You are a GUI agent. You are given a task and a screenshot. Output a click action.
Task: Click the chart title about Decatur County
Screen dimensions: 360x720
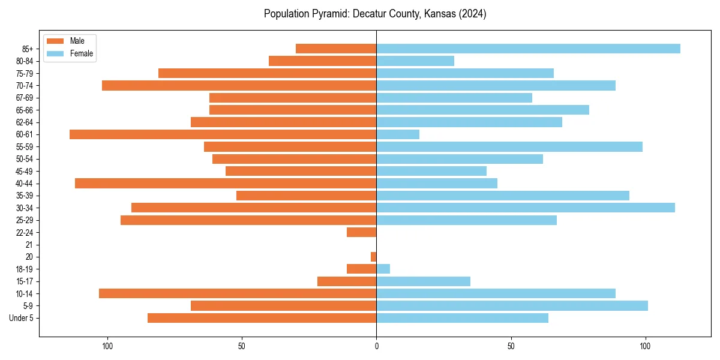pos(375,14)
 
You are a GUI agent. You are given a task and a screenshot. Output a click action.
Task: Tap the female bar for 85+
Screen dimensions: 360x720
pos(528,49)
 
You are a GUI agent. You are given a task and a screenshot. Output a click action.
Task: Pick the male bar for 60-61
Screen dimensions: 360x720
pos(223,134)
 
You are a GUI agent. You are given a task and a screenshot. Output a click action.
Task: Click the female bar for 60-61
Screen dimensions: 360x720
pos(398,134)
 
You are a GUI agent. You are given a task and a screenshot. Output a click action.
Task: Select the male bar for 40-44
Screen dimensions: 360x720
pos(226,184)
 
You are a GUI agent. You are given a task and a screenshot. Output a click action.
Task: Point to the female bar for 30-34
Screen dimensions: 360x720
pos(526,208)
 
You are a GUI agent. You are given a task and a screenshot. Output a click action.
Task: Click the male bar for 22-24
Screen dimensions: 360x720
pos(362,232)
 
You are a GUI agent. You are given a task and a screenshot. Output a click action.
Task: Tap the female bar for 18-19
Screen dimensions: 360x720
pos(383,269)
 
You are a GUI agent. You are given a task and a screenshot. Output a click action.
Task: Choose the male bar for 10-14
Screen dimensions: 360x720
pos(238,293)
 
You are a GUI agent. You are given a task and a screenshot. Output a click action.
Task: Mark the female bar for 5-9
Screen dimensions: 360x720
pos(512,306)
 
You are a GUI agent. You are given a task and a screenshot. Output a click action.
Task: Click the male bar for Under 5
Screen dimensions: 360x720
pos(262,318)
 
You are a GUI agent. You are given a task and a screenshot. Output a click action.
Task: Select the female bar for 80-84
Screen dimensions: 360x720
pos(415,61)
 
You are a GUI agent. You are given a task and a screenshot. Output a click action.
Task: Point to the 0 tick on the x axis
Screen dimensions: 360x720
pos(376,346)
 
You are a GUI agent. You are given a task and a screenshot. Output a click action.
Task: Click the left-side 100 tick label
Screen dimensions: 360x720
pos(107,346)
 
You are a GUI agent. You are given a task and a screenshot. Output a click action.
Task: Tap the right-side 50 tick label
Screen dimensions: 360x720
pos(511,346)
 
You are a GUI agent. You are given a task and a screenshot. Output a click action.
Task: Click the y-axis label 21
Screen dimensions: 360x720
pos(29,245)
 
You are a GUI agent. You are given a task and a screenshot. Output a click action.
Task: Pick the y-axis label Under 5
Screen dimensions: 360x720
pos(22,318)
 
